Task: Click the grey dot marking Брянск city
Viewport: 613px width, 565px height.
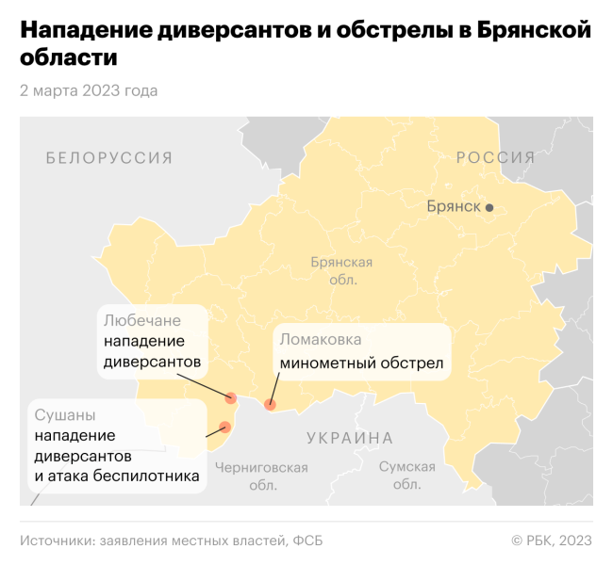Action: coord(489,206)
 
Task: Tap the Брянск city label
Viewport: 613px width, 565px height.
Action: coord(454,206)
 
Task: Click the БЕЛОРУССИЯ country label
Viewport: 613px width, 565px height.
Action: coord(109,158)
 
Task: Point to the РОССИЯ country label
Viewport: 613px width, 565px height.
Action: coord(496,157)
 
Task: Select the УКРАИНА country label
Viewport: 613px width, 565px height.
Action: coord(349,438)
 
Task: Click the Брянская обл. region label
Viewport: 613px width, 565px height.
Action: coord(340,271)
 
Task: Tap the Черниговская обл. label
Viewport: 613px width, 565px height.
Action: coord(261,476)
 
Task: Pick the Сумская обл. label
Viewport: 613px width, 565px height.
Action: coord(406,476)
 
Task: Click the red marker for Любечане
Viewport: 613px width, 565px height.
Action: coord(230,395)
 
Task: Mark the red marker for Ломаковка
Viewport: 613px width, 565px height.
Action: coord(270,405)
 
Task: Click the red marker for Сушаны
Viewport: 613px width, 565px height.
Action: coord(224,427)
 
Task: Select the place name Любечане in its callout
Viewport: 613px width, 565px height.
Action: coord(142,320)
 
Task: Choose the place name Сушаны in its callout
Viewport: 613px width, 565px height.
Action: coord(65,414)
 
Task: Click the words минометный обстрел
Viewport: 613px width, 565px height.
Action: coord(360,363)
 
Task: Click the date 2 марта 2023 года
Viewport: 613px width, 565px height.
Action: coord(89,90)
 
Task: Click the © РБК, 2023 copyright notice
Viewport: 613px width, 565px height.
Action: coord(552,540)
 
